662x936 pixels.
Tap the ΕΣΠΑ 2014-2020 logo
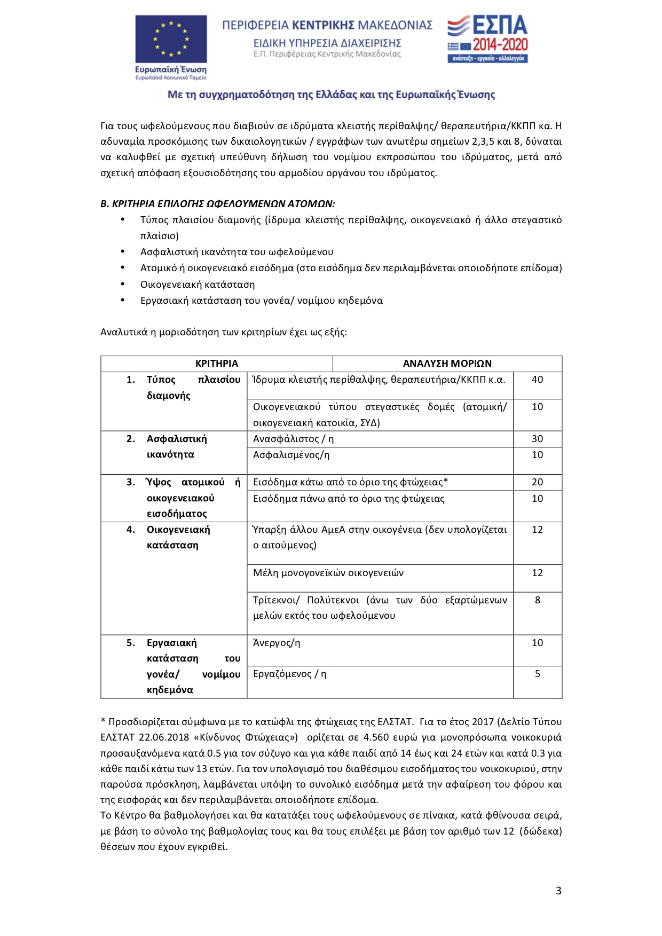(487, 39)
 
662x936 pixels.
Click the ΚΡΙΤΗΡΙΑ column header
(216, 364)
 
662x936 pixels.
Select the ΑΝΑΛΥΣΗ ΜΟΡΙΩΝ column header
(447, 364)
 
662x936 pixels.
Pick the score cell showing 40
(537, 380)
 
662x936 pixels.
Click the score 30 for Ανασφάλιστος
(537, 439)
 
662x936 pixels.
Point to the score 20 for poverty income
(537, 482)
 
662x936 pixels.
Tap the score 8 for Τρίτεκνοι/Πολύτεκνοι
(537, 600)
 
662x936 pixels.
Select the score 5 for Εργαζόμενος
(537, 674)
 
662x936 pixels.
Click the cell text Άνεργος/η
(277, 643)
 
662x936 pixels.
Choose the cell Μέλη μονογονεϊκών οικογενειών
(328, 573)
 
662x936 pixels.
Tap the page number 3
(558, 891)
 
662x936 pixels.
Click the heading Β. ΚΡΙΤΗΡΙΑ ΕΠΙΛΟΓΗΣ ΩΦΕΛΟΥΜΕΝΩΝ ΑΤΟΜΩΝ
(217, 204)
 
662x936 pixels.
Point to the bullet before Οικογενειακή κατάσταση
(123, 284)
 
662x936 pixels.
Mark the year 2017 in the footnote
(483, 722)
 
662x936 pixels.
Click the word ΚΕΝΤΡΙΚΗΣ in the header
(324, 25)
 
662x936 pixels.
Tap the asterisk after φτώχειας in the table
(446, 482)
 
